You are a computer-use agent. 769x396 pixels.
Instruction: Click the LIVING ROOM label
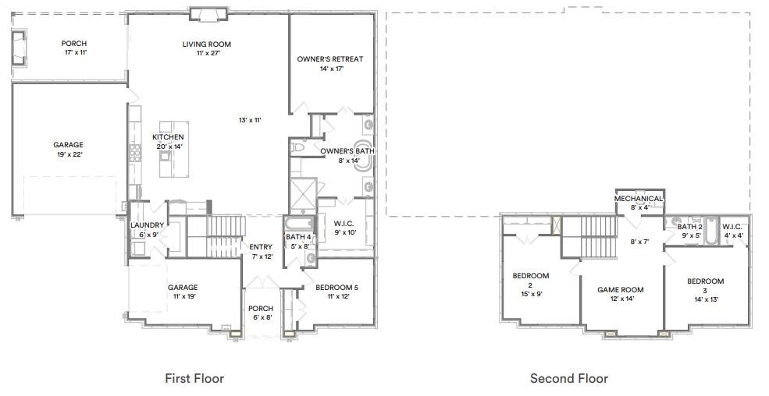(207, 44)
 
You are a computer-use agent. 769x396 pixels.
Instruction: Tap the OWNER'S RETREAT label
(329, 59)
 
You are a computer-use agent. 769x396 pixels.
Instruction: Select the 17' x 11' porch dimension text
(74, 53)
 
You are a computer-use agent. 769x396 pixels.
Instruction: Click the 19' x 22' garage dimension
(68, 154)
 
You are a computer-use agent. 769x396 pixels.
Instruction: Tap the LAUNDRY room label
(147, 225)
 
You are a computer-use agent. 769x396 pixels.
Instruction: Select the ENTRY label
(261, 247)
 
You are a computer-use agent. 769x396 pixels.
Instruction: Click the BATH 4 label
(298, 237)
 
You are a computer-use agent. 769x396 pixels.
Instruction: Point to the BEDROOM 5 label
(336, 287)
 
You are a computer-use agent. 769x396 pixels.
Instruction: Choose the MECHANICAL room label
(638, 199)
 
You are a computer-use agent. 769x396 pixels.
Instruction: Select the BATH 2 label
(689, 226)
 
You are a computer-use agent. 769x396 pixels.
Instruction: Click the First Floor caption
(194, 379)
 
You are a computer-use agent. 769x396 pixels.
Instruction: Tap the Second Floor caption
(568, 379)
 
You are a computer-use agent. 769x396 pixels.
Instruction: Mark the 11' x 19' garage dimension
(183, 296)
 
